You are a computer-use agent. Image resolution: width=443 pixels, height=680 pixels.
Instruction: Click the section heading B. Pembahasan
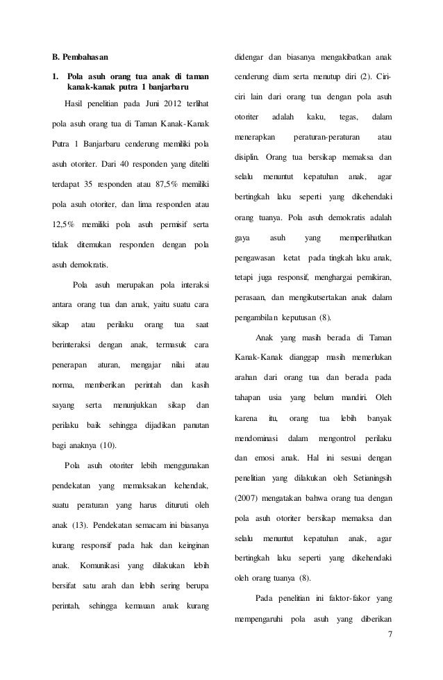pos(81,54)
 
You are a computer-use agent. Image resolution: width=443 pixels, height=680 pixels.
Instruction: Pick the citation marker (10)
pos(107,445)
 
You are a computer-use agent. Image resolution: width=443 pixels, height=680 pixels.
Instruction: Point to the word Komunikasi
pos(106,565)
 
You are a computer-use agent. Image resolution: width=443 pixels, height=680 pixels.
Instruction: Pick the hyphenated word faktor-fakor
pos(352,599)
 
